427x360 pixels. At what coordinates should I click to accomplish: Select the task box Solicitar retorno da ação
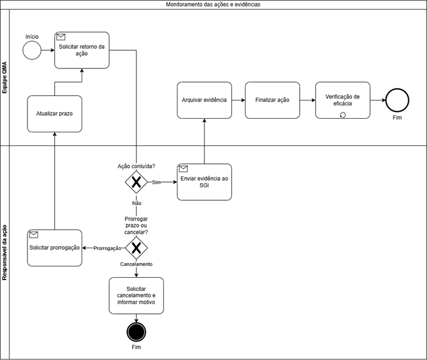pyautogui.click(x=82, y=50)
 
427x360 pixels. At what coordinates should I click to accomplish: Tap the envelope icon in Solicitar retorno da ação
pyautogui.click(x=61, y=37)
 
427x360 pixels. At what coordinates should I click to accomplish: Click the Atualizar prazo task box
pyautogui.click(x=54, y=114)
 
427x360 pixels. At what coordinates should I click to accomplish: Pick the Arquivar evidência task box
pyautogui.click(x=204, y=100)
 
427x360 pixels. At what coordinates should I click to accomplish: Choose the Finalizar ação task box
pyautogui.click(x=272, y=100)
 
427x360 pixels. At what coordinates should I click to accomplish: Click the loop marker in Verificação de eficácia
pyautogui.click(x=343, y=115)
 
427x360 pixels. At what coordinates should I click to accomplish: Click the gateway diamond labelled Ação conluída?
pyautogui.click(x=136, y=182)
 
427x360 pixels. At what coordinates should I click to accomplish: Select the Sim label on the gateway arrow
pyautogui.click(x=156, y=183)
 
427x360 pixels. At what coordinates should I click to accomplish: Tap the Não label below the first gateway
pyautogui.click(x=136, y=203)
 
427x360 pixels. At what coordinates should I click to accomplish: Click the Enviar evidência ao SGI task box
pyautogui.click(x=204, y=182)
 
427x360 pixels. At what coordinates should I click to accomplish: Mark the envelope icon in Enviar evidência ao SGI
pyautogui.click(x=183, y=169)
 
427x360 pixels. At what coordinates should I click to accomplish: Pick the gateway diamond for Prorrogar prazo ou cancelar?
pyautogui.click(x=136, y=248)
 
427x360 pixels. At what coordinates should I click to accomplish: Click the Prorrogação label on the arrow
pyautogui.click(x=107, y=248)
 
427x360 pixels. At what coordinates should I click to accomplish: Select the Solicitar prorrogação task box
pyautogui.click(x=54, y=248)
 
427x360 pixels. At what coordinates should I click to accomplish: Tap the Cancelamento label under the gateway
pyautogui.click(x=136, y=264)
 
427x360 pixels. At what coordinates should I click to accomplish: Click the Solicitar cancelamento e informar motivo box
pyautogui.click(x=136, y=296)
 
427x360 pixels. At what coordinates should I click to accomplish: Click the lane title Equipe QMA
pyautogui.click(x=5, y=78)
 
